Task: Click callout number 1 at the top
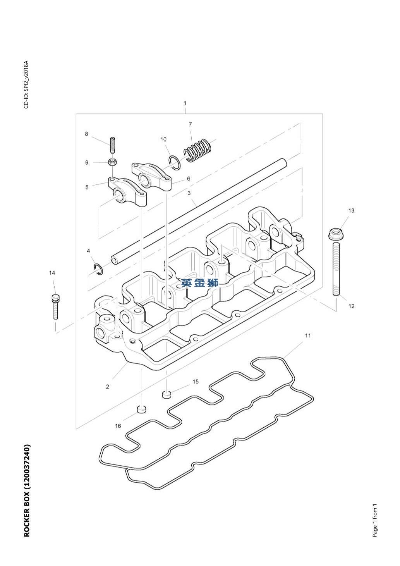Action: coord(185,103)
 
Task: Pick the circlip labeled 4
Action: coord(98,269)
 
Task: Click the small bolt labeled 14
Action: coord(55,306)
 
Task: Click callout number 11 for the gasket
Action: coord(307,335)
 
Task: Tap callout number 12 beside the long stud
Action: coord(352,306)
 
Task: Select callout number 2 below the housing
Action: coord(108,387)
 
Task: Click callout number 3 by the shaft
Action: coord(189,193)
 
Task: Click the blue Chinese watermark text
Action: coord(200,283)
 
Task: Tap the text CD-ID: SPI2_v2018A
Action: coord(26,84)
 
